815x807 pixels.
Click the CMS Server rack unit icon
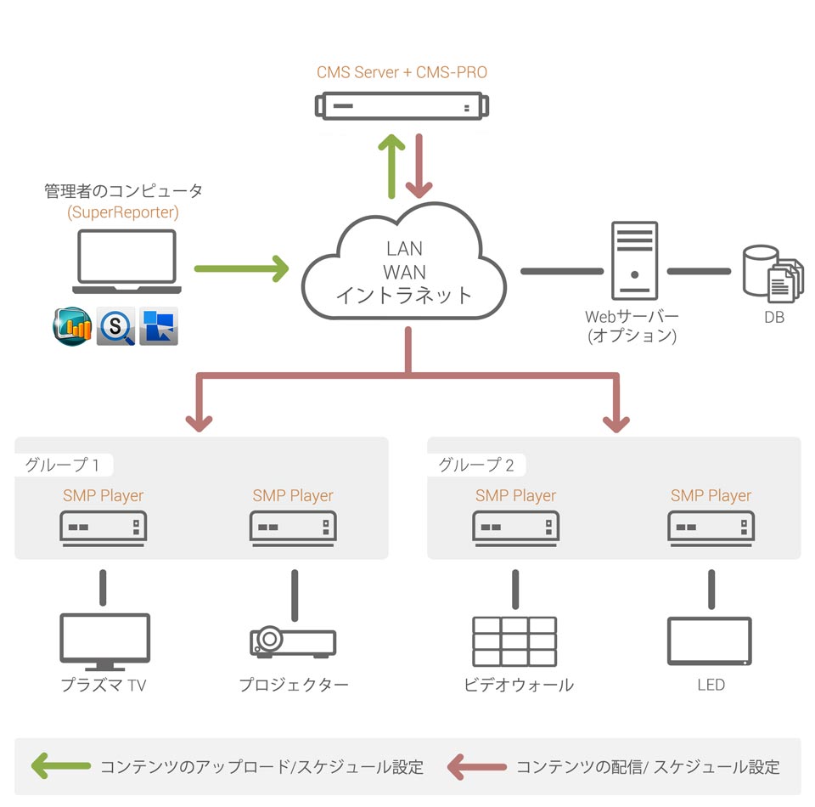click(402, 106)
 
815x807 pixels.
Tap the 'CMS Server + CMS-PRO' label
click(402, 72)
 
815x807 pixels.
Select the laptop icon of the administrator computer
click(126, 262)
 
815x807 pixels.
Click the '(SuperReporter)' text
click(123, 212)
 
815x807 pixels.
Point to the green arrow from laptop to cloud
click(241, 268)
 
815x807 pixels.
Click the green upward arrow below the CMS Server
click(391, 166)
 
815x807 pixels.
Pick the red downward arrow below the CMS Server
click(419, 166)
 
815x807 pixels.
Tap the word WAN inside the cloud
click(404, 272)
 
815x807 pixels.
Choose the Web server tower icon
click(635, 261)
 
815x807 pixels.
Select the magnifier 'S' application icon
click(116, 326)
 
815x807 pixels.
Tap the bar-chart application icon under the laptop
click(73, 326)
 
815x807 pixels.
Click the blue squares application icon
click(159, 326)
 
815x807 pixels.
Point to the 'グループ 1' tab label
click(62, 465)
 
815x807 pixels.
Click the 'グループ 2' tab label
click(475, 465)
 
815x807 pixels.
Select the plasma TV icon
click(105, 642)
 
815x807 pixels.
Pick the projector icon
click(293, 642)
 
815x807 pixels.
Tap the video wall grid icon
click(514, 641)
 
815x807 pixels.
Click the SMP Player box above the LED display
click(711, 528)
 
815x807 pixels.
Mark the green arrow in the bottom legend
click(61, 766)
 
